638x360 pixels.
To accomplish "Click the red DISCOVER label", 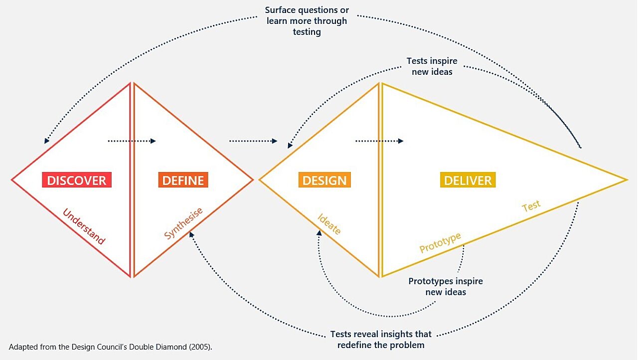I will tap(77, 180).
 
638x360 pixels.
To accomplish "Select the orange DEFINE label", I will tap(183, 180).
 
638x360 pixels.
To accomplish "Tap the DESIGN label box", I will tap(324, 180).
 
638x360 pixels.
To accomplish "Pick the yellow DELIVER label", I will tap(468, 180).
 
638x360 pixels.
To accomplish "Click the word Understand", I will tap(84, 227).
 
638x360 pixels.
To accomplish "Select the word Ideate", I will tap(329, 224).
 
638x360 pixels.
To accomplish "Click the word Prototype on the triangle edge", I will tap(440, 242).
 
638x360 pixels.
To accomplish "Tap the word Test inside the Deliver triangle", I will tap(531, 206).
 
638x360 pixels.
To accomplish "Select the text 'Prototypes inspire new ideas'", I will tap(446, 286).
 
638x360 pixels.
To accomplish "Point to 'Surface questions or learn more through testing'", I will tap(307, 21).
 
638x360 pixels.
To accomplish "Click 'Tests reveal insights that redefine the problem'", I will tap(381, 339).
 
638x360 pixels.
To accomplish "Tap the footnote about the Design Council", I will tap(114, 346).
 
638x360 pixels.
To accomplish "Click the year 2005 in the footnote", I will tap(203, 346).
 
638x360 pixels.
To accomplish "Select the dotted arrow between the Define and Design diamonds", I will tap(253, 141).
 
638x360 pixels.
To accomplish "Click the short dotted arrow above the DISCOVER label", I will tap(132, 141).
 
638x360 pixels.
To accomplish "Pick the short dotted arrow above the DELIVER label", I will tap(379, 141).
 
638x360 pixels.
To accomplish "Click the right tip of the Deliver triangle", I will tap(626, 180).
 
